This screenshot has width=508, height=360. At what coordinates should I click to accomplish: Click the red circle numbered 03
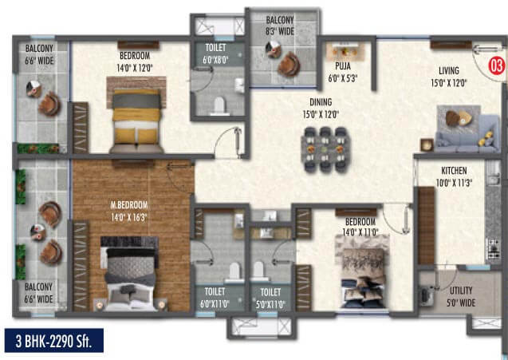tap(496, 65)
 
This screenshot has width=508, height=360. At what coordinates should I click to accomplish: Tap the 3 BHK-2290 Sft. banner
tap(54, 340)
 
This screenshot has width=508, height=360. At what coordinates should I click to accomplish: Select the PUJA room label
tap(343, 66)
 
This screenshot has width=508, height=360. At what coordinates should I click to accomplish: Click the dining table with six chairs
tap(325, 149)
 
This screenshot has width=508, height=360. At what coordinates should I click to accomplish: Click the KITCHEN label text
tap(454, 171)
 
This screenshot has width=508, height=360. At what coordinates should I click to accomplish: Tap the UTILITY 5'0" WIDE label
tap(461, 297)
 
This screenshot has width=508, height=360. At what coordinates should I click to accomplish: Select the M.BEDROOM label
tap(129, 205)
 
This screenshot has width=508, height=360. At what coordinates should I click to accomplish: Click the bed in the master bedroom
tap(129, 274)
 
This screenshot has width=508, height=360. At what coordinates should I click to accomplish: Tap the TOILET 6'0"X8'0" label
tap(215, 53)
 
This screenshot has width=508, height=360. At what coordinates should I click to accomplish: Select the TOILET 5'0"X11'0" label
tap(270, 299)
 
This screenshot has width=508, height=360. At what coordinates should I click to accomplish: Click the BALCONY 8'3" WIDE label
tap(280, 26)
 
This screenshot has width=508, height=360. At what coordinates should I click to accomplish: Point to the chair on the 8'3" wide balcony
tap(289, 64)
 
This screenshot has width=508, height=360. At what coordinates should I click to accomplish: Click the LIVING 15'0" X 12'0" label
tap(449, 77)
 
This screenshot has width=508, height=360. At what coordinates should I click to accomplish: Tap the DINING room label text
tap(321, 102)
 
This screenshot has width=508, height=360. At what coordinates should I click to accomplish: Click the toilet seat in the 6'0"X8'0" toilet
tap(219, 105)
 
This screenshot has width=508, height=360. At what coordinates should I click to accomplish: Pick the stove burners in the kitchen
tap(494, 250)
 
